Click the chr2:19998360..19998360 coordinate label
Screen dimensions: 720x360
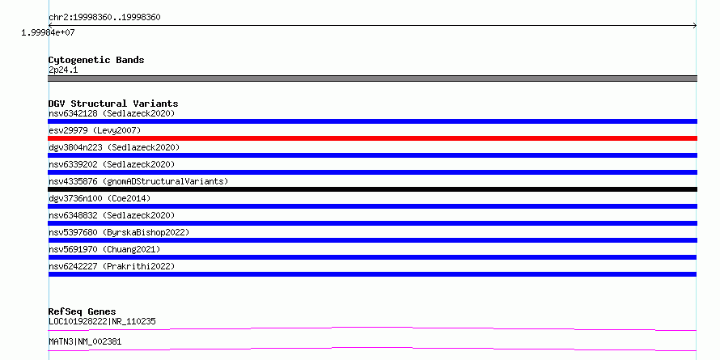[x=104, y=18]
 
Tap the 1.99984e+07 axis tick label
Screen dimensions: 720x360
[x=48, y=33]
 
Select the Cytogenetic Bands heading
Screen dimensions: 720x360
[x=96, y=60]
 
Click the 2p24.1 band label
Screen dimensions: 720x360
[x=63, y=70]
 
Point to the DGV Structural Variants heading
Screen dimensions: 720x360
[x=113, y=104]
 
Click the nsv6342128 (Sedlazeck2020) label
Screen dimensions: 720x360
[x=112, y=113]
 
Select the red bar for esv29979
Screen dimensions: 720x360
[x=372, y=138]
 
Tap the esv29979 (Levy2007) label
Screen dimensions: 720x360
[x=95, y=130]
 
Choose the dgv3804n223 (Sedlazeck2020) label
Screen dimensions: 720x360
[x=114, y=147]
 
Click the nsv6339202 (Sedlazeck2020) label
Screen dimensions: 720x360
[x=112, y=164]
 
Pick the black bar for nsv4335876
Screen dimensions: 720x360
[x=372, y=189]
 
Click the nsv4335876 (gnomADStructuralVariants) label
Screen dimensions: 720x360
[x=138, y=181]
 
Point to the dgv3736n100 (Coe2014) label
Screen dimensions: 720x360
[x=100, y=198]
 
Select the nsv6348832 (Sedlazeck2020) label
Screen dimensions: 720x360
[x=112, y=215]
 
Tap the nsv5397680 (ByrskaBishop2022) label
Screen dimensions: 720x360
[x=119, y=232]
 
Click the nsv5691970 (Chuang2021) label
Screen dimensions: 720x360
[x=104, y=249]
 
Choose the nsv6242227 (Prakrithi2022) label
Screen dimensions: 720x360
[x=112, y=266]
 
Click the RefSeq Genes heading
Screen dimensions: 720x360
[x=82, y=311]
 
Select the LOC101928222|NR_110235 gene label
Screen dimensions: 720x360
[x=102, y=321]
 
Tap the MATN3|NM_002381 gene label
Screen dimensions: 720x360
[x=85, y=341]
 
